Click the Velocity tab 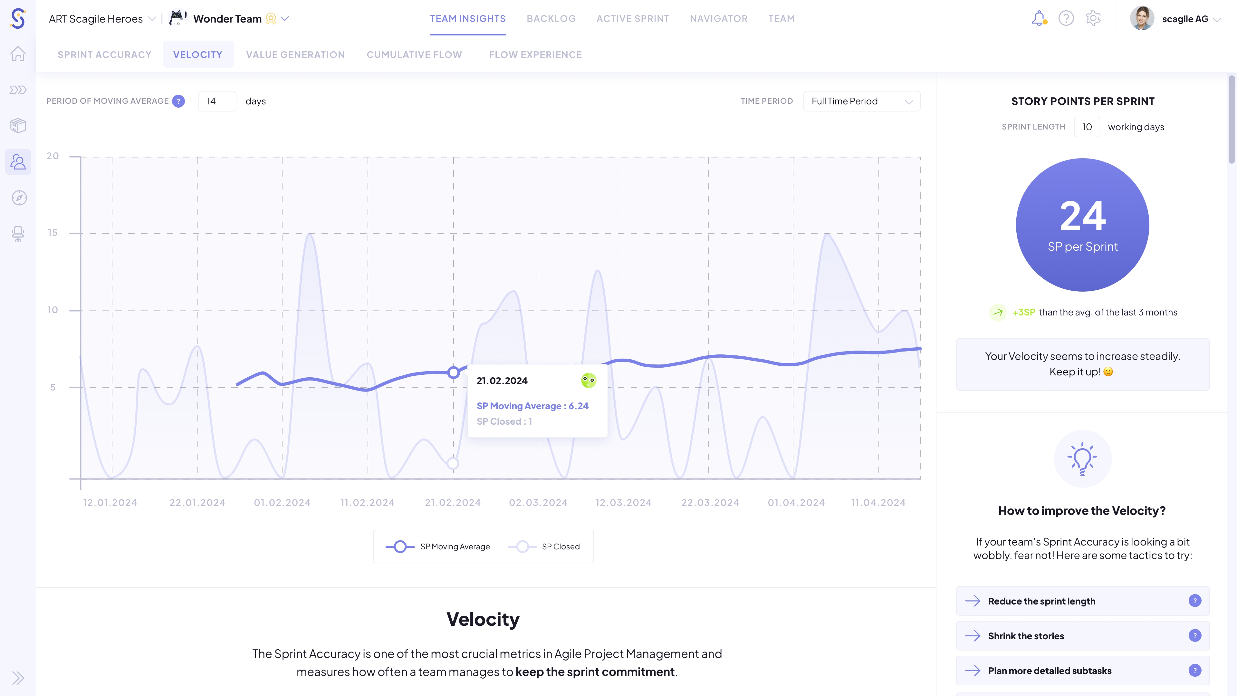(198, 55)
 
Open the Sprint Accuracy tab (104, 55)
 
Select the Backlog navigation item (551, 19)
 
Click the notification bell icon (1038, 18)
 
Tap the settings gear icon (1093, 18)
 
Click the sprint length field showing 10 (1087, 127)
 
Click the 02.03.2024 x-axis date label (538, 502)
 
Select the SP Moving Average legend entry (438, 546)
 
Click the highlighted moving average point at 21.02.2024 (453, 372)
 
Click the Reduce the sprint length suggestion (1041, 601)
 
